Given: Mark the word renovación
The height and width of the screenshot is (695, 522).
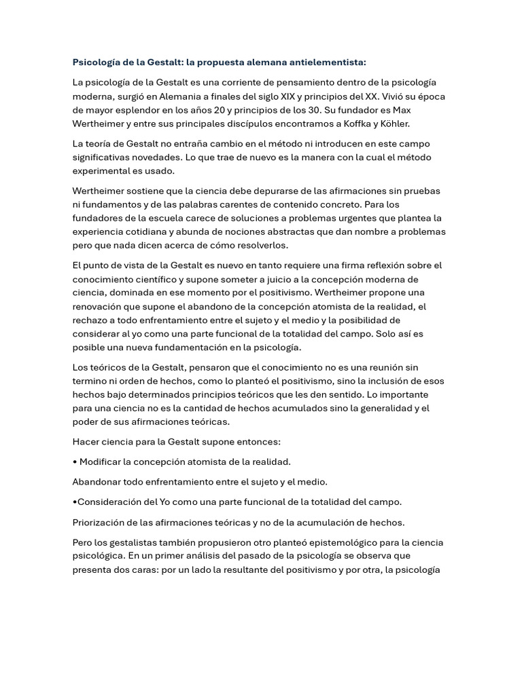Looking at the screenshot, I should (99, 306).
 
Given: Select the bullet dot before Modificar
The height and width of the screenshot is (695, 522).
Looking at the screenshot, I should (75, 462).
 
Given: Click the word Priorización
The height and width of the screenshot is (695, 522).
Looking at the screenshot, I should (101, 523).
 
